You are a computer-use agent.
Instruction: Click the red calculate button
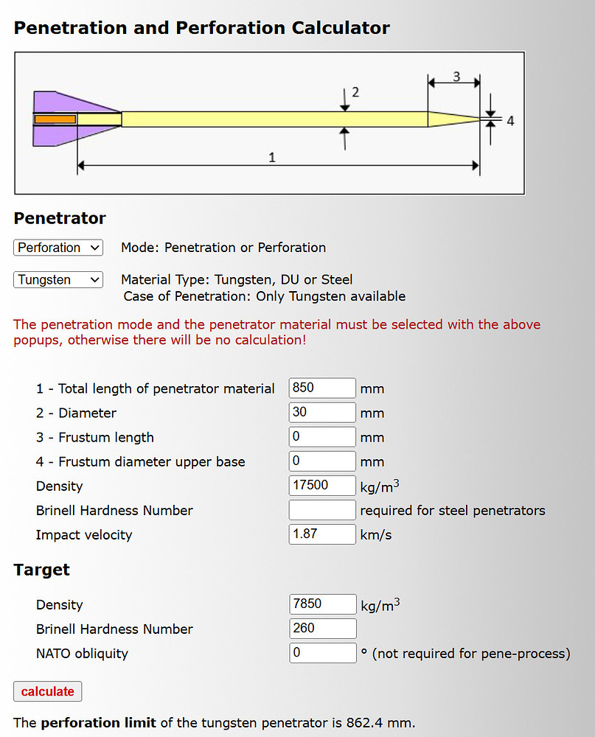pos(48,691)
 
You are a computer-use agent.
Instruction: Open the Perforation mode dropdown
pos(58,248)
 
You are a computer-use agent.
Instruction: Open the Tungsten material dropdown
pos(58,280)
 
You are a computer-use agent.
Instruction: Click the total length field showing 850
pos(322,388)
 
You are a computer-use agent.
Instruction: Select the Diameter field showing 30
pos(322,412)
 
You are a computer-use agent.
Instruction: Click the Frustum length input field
pos(322,436)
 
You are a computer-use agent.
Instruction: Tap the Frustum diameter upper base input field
pos(322,461)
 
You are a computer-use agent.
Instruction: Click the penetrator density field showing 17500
pos(322,486)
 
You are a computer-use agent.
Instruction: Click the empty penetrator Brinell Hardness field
pos(322,510)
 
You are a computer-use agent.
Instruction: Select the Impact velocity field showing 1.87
pos(322,534)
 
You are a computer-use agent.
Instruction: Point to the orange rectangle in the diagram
pos(55,119)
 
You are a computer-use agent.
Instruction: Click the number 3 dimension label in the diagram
pos(456,76)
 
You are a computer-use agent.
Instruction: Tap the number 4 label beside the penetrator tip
pos(510,120)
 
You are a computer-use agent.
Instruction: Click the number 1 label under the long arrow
pos(272,157)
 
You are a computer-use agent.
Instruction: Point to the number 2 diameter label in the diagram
pos(355,92)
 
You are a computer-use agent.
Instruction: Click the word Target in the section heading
pos(42,570)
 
